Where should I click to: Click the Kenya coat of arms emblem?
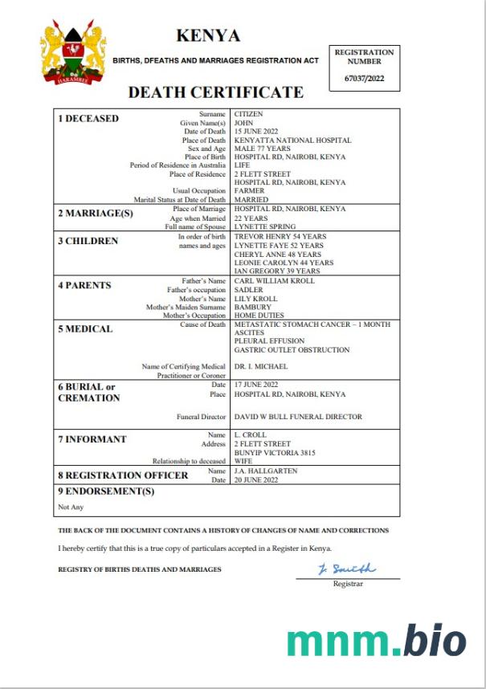pos(73,55)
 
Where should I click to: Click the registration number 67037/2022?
pos(364,77)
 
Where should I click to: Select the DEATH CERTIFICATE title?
pos(216,92)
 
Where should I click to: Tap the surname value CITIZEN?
pos(248,115)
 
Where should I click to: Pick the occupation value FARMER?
pos(249,191)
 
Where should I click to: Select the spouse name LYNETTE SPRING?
pos(265,226)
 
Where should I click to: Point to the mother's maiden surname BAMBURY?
pos(251,307)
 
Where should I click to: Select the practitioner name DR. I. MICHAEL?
pos(260,367)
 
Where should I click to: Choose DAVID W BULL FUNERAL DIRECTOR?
pos(298,417)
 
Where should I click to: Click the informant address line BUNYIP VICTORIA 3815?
pos(275,453)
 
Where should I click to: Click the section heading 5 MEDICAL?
pos(85,329)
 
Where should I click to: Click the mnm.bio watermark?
pos(377,641)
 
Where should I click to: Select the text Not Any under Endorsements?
pos(71,507)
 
